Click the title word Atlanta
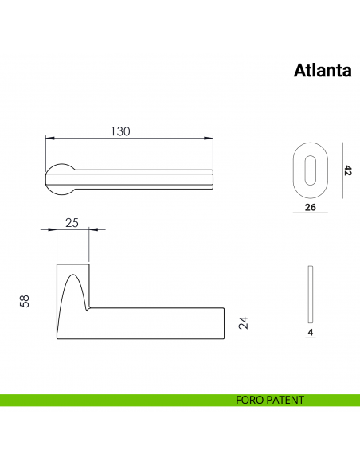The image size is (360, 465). point(323,71)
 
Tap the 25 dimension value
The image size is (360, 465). point(71,222)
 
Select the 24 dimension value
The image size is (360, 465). point(244,322)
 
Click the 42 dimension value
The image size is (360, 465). point(347,170)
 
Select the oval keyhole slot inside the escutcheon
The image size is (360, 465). point(310,169)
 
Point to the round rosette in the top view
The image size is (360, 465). point(61,175)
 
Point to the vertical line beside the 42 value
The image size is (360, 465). point(340,170)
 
